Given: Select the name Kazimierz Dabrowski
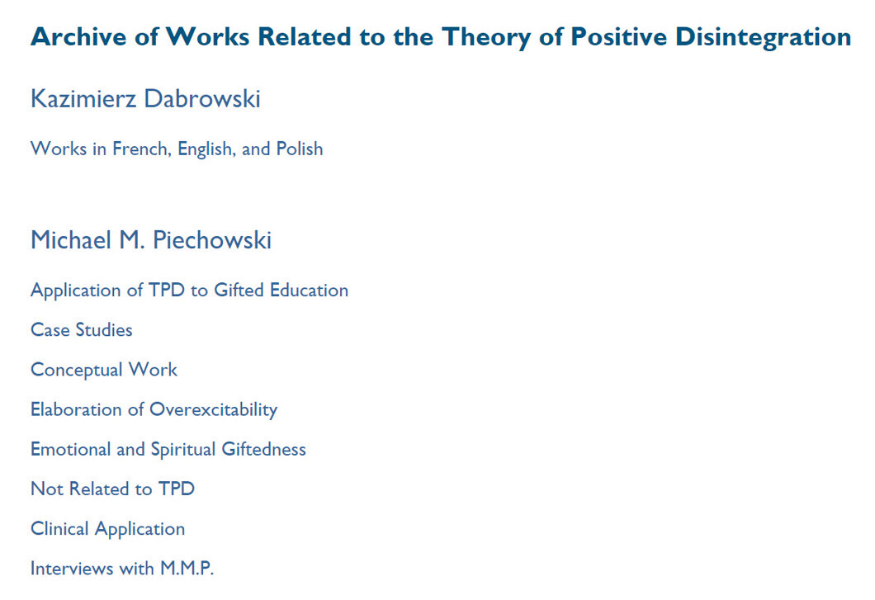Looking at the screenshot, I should coord(145,99).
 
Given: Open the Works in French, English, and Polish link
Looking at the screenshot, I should coord(177,149).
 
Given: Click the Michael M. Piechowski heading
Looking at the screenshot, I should coord(151,240).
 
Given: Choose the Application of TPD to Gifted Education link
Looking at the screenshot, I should coord(189,291).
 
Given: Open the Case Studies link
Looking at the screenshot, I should coord(82,330).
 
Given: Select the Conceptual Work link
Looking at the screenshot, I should coord(104,370).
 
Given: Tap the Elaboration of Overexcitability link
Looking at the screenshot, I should coord(154,409).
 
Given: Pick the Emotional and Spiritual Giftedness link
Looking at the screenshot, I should coord(168,449).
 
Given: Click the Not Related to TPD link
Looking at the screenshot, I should coord(112,489).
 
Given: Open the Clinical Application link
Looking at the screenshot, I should coord(107,528).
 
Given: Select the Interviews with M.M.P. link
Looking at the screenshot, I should coord(122,569).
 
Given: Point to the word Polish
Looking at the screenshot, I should coord(300,149).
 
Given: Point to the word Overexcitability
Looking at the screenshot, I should coord(213,409).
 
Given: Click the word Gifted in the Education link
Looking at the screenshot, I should coord(239,291).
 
